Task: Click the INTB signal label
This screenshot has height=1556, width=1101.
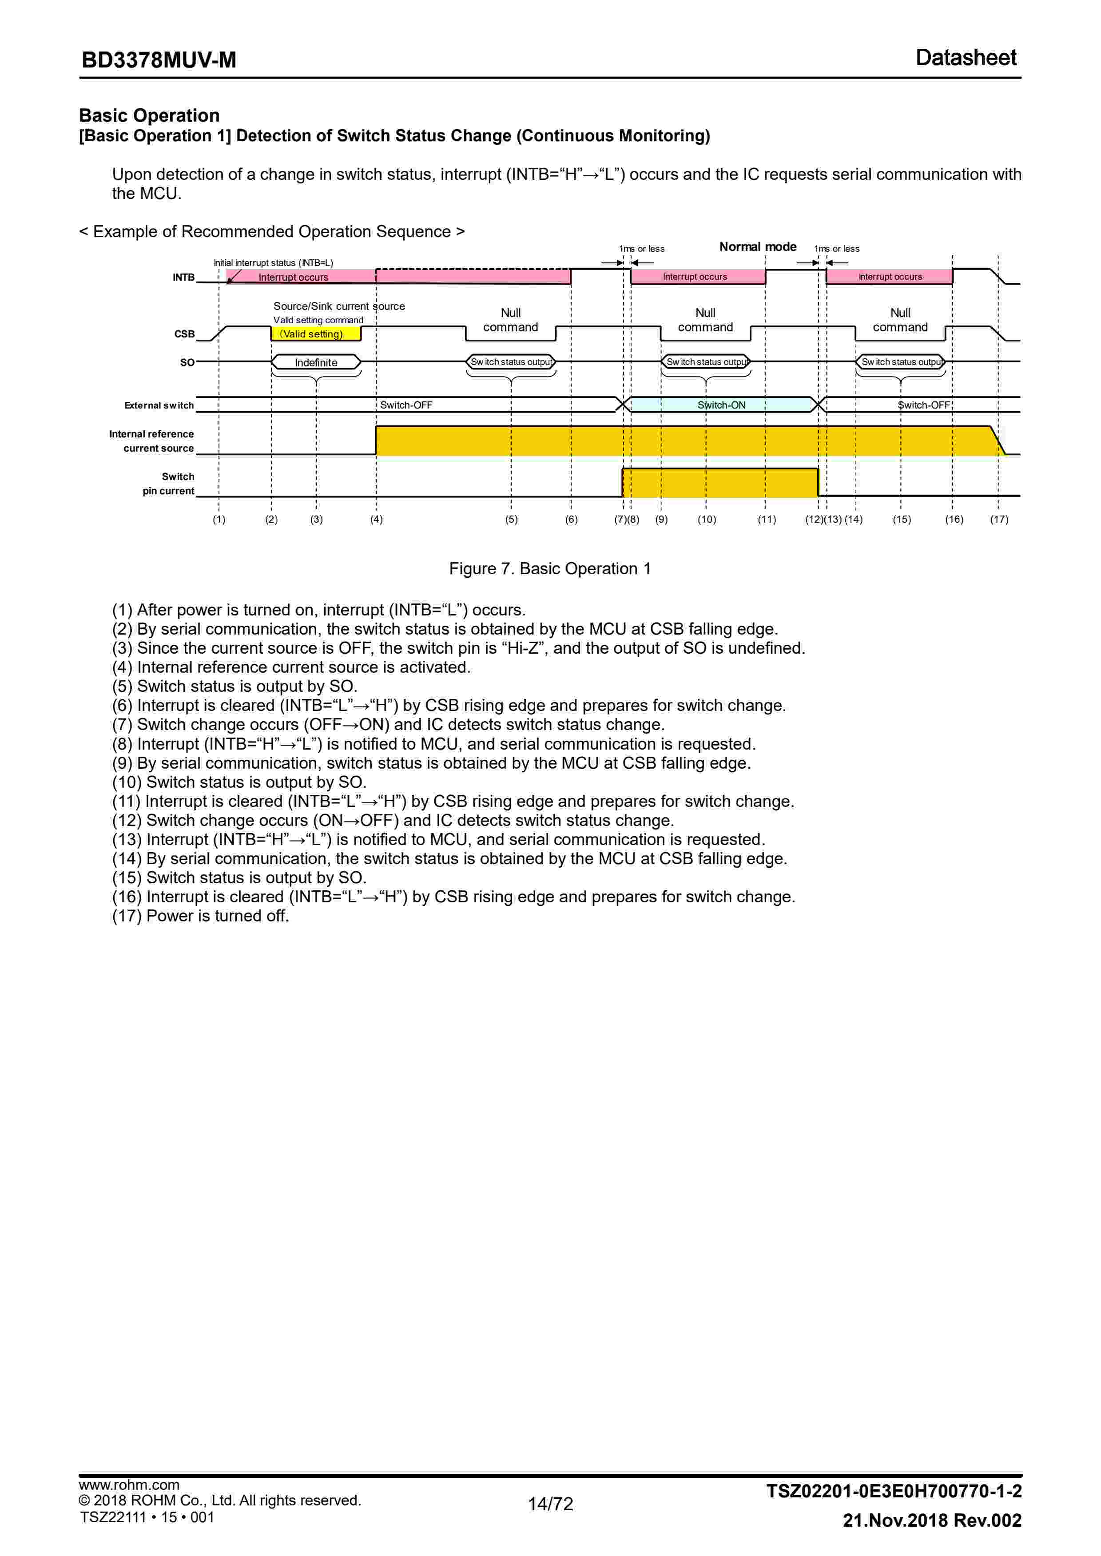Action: tap(183, 277)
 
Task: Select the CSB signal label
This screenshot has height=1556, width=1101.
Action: tap(184, 334)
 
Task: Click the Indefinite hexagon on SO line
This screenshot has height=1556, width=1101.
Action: tap(316, 362)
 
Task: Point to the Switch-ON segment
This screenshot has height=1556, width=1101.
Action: tap(721, 405)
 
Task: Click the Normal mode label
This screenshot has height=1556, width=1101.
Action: tap(757, 247)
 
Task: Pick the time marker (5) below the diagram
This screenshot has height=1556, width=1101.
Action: tap(511, 520)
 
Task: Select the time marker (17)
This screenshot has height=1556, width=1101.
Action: tap(999, 520)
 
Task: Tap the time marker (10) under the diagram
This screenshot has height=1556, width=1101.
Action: tap(707, 520)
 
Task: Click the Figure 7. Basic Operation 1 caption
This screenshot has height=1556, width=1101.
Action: tap(550, 568)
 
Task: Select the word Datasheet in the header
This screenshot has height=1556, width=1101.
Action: tap(966, 58)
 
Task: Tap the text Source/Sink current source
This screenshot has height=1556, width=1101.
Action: tap(339, 306)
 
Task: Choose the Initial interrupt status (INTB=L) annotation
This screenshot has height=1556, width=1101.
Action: tap(273, 263)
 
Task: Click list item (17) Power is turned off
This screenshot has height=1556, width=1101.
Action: tap(201, 916)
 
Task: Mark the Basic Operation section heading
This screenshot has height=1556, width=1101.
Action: tap(149, 115)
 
